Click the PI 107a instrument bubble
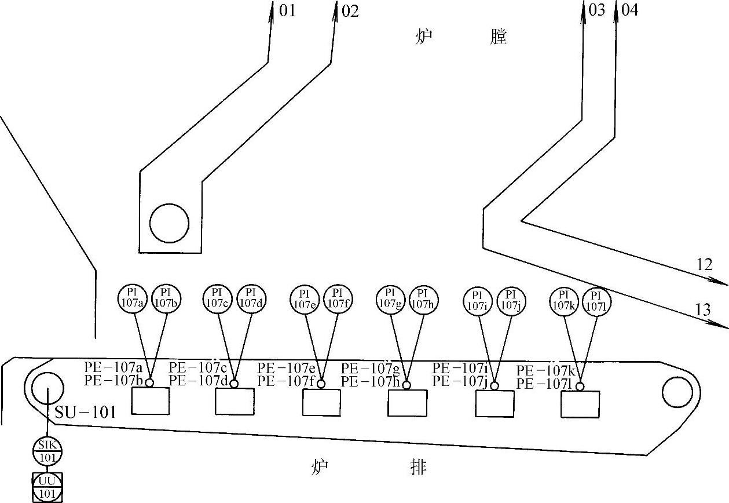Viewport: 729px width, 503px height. tap(134, 298)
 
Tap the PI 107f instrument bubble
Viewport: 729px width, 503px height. tap(337, 299)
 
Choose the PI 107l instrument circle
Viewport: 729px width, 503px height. tap(597, 301)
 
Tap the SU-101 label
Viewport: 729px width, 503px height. tap(86, 413)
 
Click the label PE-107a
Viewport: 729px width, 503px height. tap(113, 367)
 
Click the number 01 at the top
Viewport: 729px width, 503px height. tap(287, 10)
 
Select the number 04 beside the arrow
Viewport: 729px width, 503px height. tap(629, 10)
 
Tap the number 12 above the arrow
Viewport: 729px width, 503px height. tap(704, 265)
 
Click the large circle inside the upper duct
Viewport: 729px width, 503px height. tap(169, 224)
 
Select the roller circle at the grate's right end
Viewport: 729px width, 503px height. tap(677, 392)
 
